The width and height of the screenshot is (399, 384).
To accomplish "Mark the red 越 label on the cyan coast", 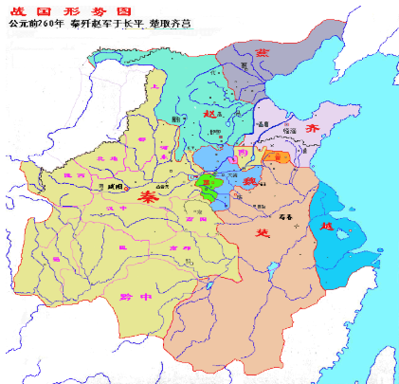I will tap(325, 227).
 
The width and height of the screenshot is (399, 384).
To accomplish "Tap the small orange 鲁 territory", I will tap(277, 155).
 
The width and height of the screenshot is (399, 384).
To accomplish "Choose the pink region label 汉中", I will tap(118, 207).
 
